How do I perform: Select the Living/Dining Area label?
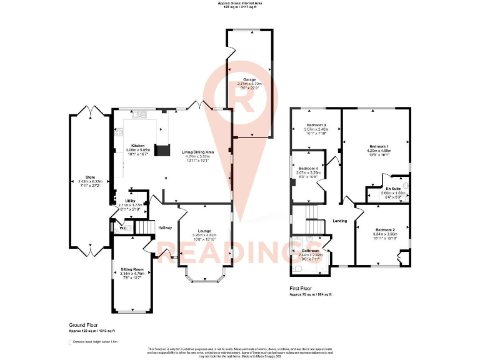pyautogui.click(x=197, y=152)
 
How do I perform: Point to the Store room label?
pyautogui.click(x=90, y=177)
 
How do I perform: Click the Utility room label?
pyautogui.click(x=130, y=200)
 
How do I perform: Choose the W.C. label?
pyautogui.click(x=124, y=227)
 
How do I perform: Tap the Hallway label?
pyautogui.click(x=165, y=227)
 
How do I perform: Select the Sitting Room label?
pyautogui.click(x=132, y=269)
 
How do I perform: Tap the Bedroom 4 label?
pyautogui.click(x=308, y=169)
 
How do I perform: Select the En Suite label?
pyautogui.click(x=393, y=188)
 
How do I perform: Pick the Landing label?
pyautogui.click(x=339, y=221)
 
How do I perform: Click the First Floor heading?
pyautogui.click(x=301, y=289)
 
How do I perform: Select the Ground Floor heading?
pyautogui.click(x=83, y=326)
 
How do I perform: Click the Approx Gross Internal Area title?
pyautogui.click(x=240, y=3)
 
